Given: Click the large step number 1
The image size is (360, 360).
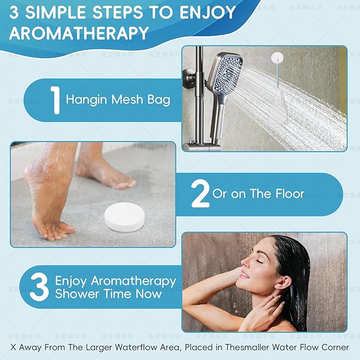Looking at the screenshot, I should pos(55,100).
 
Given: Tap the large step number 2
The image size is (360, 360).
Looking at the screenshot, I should pos(200,194).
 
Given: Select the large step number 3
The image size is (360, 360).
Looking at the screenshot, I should pos(39,287).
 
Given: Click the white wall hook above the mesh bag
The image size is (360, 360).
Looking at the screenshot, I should pos(276,57).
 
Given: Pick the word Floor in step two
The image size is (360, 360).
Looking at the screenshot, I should pos(289,194).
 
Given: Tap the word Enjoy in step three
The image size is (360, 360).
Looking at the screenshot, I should pos(72,280).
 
